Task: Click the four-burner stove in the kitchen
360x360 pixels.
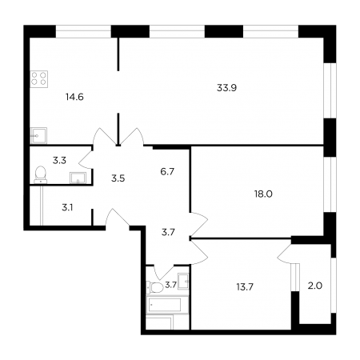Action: point(39,79)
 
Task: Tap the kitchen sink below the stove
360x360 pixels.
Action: point(38,136)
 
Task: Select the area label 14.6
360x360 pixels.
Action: point(74,97)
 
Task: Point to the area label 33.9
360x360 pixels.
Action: point(226,88)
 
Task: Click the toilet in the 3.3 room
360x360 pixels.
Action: point(41,174)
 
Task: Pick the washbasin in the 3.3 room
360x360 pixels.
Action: point(78,178)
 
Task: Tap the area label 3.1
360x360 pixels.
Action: point(67,207)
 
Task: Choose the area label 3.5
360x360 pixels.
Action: point(118,178)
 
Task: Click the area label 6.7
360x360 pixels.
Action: point(167,171)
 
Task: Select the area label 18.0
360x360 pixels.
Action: point(263,194)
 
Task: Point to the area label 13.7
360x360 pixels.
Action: point(245,287)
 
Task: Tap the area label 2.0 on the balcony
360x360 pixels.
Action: point(315,286)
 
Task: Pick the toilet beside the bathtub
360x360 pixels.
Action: point(155,287)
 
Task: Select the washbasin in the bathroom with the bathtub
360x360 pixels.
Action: point(183,281)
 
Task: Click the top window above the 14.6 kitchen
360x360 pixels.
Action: point(83,31)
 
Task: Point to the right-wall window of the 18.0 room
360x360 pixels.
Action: point(330,185)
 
